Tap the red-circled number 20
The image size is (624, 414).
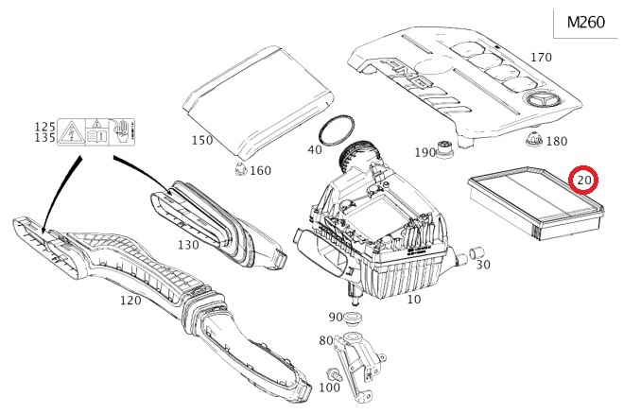click(x=584, y=179)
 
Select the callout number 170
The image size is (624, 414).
click(x=540, y=58)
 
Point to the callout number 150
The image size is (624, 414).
click(x=203, y=141)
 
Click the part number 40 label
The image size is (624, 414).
click(x=315, y=150)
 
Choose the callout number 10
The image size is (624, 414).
click(x=413, y=300)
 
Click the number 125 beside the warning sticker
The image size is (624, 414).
click(x=45, y=126)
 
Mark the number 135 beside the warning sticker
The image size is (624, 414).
click(x=45, y=138)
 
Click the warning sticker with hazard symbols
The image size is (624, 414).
click(x=95, y=131)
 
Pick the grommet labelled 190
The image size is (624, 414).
click(x=442, y=151)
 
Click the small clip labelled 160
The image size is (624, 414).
click(x=238, y=171)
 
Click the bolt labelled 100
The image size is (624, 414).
click(x=335, y=375)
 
